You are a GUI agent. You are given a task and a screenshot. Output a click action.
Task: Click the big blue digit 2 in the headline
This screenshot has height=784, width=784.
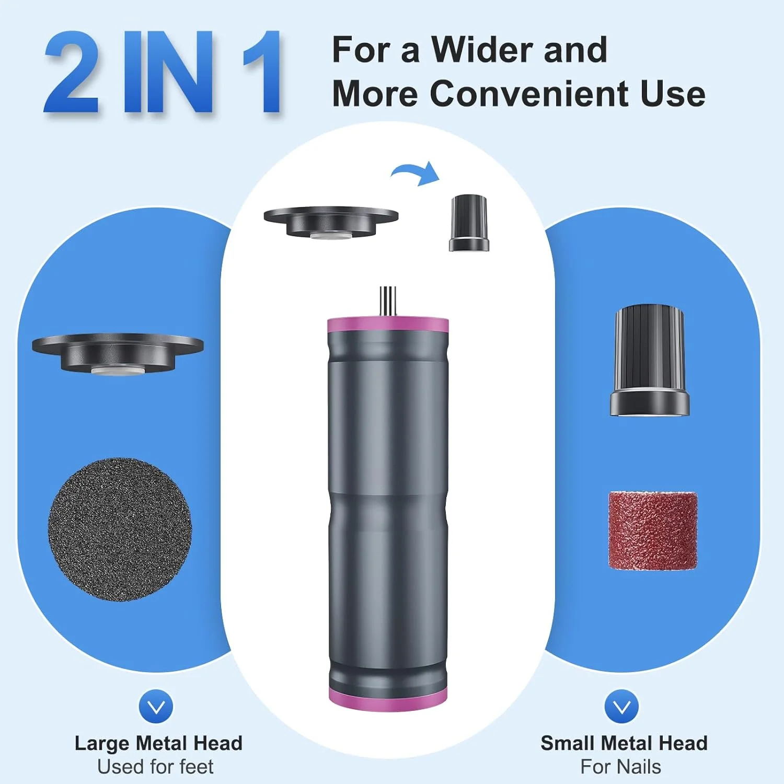(x=72, y=72)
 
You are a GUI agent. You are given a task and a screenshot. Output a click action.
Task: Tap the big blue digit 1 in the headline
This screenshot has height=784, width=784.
(x=262, y=72)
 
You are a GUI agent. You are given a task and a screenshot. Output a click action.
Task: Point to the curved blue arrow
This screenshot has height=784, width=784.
(x=416, y=171)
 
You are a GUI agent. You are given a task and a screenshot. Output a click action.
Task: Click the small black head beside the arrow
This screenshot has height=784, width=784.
(x=469, y=223)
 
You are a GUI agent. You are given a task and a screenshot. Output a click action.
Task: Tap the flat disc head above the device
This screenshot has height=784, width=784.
(x=331, y=222)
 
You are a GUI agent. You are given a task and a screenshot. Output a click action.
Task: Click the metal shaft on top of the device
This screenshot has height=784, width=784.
(x=388, y=301)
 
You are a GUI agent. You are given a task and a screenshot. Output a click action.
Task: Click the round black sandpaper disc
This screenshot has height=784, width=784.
(x=120, y=529)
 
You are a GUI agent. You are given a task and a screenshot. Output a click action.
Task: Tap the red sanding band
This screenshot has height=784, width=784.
(x=653, y=530)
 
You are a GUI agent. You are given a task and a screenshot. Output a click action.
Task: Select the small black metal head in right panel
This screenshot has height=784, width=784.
(x=650, y=361)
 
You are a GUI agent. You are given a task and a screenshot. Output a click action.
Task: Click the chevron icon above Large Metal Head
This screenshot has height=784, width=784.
(x=156, y=707)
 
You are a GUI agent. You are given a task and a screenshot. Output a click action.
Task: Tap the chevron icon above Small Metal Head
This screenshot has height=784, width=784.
(x=621, y=707)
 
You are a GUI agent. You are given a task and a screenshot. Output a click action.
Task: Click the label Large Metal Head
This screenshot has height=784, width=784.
(x=158, y=743)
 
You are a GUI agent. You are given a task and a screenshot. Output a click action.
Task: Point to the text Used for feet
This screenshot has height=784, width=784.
(x=155, y=767)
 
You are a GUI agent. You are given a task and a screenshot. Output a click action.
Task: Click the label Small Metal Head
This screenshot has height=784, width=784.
(x=624, y=743)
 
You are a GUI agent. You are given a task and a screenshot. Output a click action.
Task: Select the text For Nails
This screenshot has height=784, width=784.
(x=620, y=767)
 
